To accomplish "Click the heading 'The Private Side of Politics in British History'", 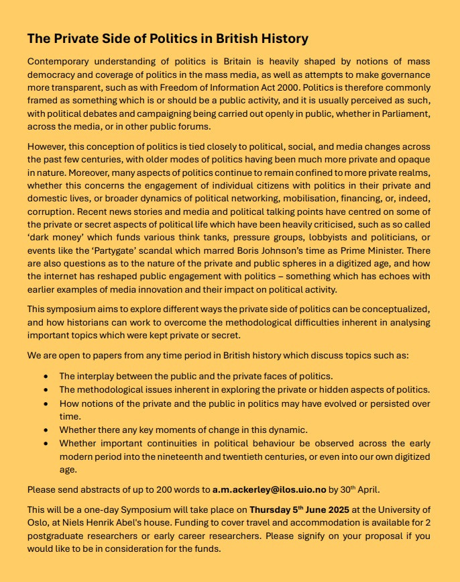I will [x=168, y=38].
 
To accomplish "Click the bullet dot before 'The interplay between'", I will [x=46, y=377].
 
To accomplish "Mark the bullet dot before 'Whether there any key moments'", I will [x=46, y=430].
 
